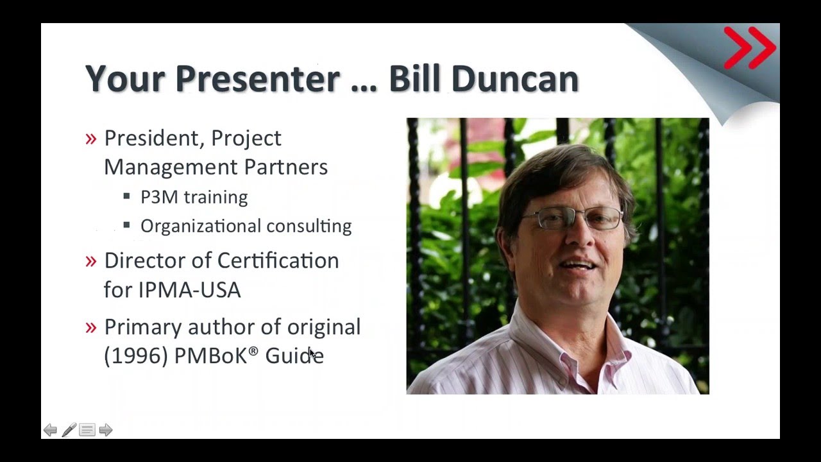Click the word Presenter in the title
pos(257,78)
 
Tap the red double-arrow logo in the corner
pos(749,47)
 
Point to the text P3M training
pos(194,197)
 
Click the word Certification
pos(278,261)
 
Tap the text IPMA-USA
pos(189,290)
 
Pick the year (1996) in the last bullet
pos(136,355)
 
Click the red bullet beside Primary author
pos(91,327)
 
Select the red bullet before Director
pos(91,261)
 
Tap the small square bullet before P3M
pos(127,196)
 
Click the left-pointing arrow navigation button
pos(50,430)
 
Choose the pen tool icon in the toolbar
pos(69,430)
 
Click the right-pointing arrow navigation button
pos(106,430)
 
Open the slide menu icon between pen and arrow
pos(87,430)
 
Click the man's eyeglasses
pos(571,219)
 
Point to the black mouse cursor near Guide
pos(312,354)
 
